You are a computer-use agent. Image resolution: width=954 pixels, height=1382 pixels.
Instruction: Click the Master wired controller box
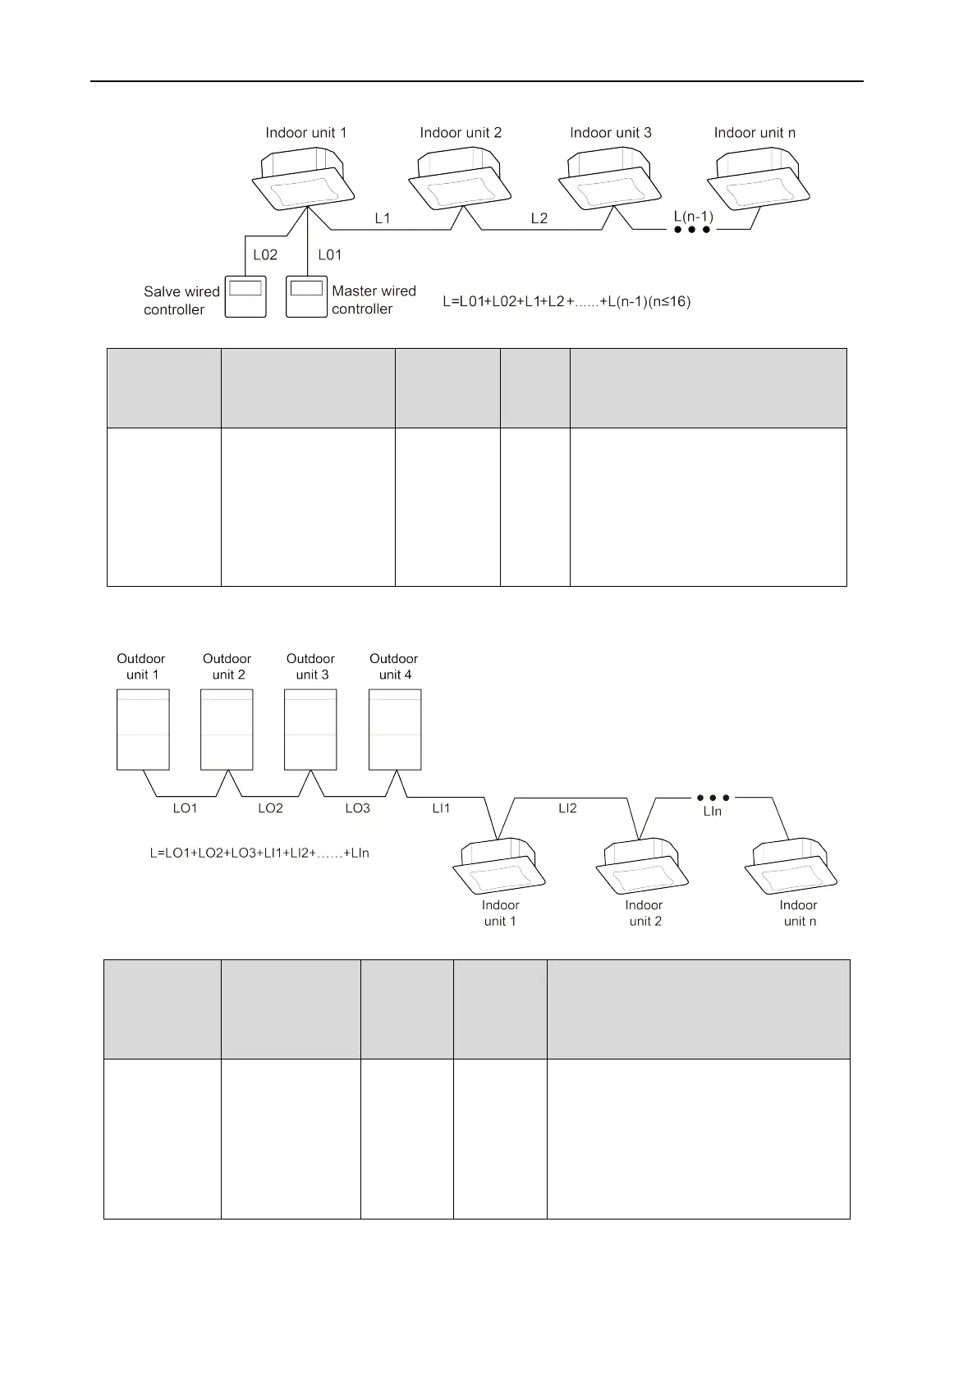pyautogui.click(x=306, y=296)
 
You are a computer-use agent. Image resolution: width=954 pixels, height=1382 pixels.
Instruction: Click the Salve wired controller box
pyautogui.click(x=245, y=296)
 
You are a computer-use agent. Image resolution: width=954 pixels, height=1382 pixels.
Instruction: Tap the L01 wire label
pyautogui.click(x=330, y=255)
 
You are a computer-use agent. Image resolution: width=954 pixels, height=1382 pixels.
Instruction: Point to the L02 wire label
pyautogui.click(x=265, y=255)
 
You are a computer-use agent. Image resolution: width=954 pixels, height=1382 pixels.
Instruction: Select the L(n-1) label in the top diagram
pyautogui.click(x=694, y=217)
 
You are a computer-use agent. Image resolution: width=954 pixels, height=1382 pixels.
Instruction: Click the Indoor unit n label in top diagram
pyautogui.click(x=754, y=133)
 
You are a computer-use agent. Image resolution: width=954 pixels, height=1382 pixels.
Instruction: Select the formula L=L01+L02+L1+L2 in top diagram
pyautogui.click(x=566, y=302)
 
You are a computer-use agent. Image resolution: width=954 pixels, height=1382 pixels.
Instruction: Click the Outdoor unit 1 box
pyautogui.click(x=144, y=729)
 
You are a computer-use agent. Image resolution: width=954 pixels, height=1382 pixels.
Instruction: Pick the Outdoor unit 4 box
pyautogui.click(x=395, y=729)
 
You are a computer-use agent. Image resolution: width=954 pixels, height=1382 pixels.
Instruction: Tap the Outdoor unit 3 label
pyautogui.click(x=310, y=666)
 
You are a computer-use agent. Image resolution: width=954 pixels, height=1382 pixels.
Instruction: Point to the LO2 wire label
pyautogui.click(x=270, y=808)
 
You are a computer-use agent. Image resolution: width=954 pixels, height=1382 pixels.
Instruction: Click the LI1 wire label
pyautogui.click(x=442, y=808)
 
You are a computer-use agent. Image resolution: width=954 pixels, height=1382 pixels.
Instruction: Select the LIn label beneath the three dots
pyautogui.click(x=713, y=811)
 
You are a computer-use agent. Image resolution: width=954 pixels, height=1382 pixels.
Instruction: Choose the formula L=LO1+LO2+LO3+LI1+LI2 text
pyautogui.click(x=259, y=853)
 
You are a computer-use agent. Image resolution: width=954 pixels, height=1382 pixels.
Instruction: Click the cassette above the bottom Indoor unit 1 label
pyautogui.click(x=500, y=867)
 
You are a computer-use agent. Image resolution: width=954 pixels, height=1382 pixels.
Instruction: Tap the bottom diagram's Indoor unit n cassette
pyautogui.click(x=791, y=867)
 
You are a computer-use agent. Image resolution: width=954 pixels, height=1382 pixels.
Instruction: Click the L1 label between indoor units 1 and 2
pyautogui.click(x=383, y=218)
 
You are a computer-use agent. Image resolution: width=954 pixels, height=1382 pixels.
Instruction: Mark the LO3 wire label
pyautogui.click(x=357, y=808)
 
